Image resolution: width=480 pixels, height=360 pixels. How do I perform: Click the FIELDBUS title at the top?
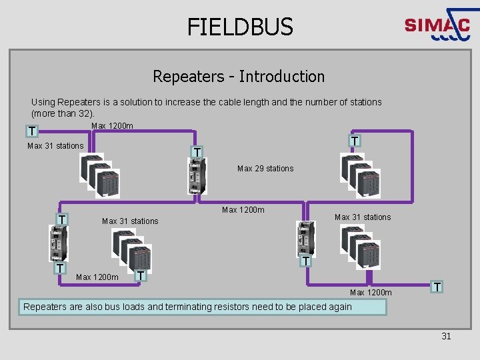[x=240, y=27]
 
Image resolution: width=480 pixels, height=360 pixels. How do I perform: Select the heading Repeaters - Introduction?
[x=239, y=77]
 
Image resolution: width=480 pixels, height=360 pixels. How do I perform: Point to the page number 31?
[x=446, y=336]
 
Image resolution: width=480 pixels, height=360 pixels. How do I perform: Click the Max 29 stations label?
[x=265, y=169]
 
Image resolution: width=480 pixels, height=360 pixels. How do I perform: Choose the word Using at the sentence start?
[x=43, y=102]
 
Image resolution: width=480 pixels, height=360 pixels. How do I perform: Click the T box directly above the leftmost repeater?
[x=61, y=219]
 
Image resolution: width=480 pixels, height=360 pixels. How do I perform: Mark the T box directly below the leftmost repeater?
[x=60, y=268]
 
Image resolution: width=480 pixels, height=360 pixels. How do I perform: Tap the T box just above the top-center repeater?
[x=197, y=153]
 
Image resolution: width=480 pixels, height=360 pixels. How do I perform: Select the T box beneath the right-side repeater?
[x=305, y=261]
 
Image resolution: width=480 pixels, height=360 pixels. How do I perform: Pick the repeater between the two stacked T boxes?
[x=59, y=243]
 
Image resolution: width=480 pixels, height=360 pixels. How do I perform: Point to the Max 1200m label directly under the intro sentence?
[x=112, y=126]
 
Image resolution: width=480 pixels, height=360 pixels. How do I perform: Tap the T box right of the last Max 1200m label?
[x=437, y=287]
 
